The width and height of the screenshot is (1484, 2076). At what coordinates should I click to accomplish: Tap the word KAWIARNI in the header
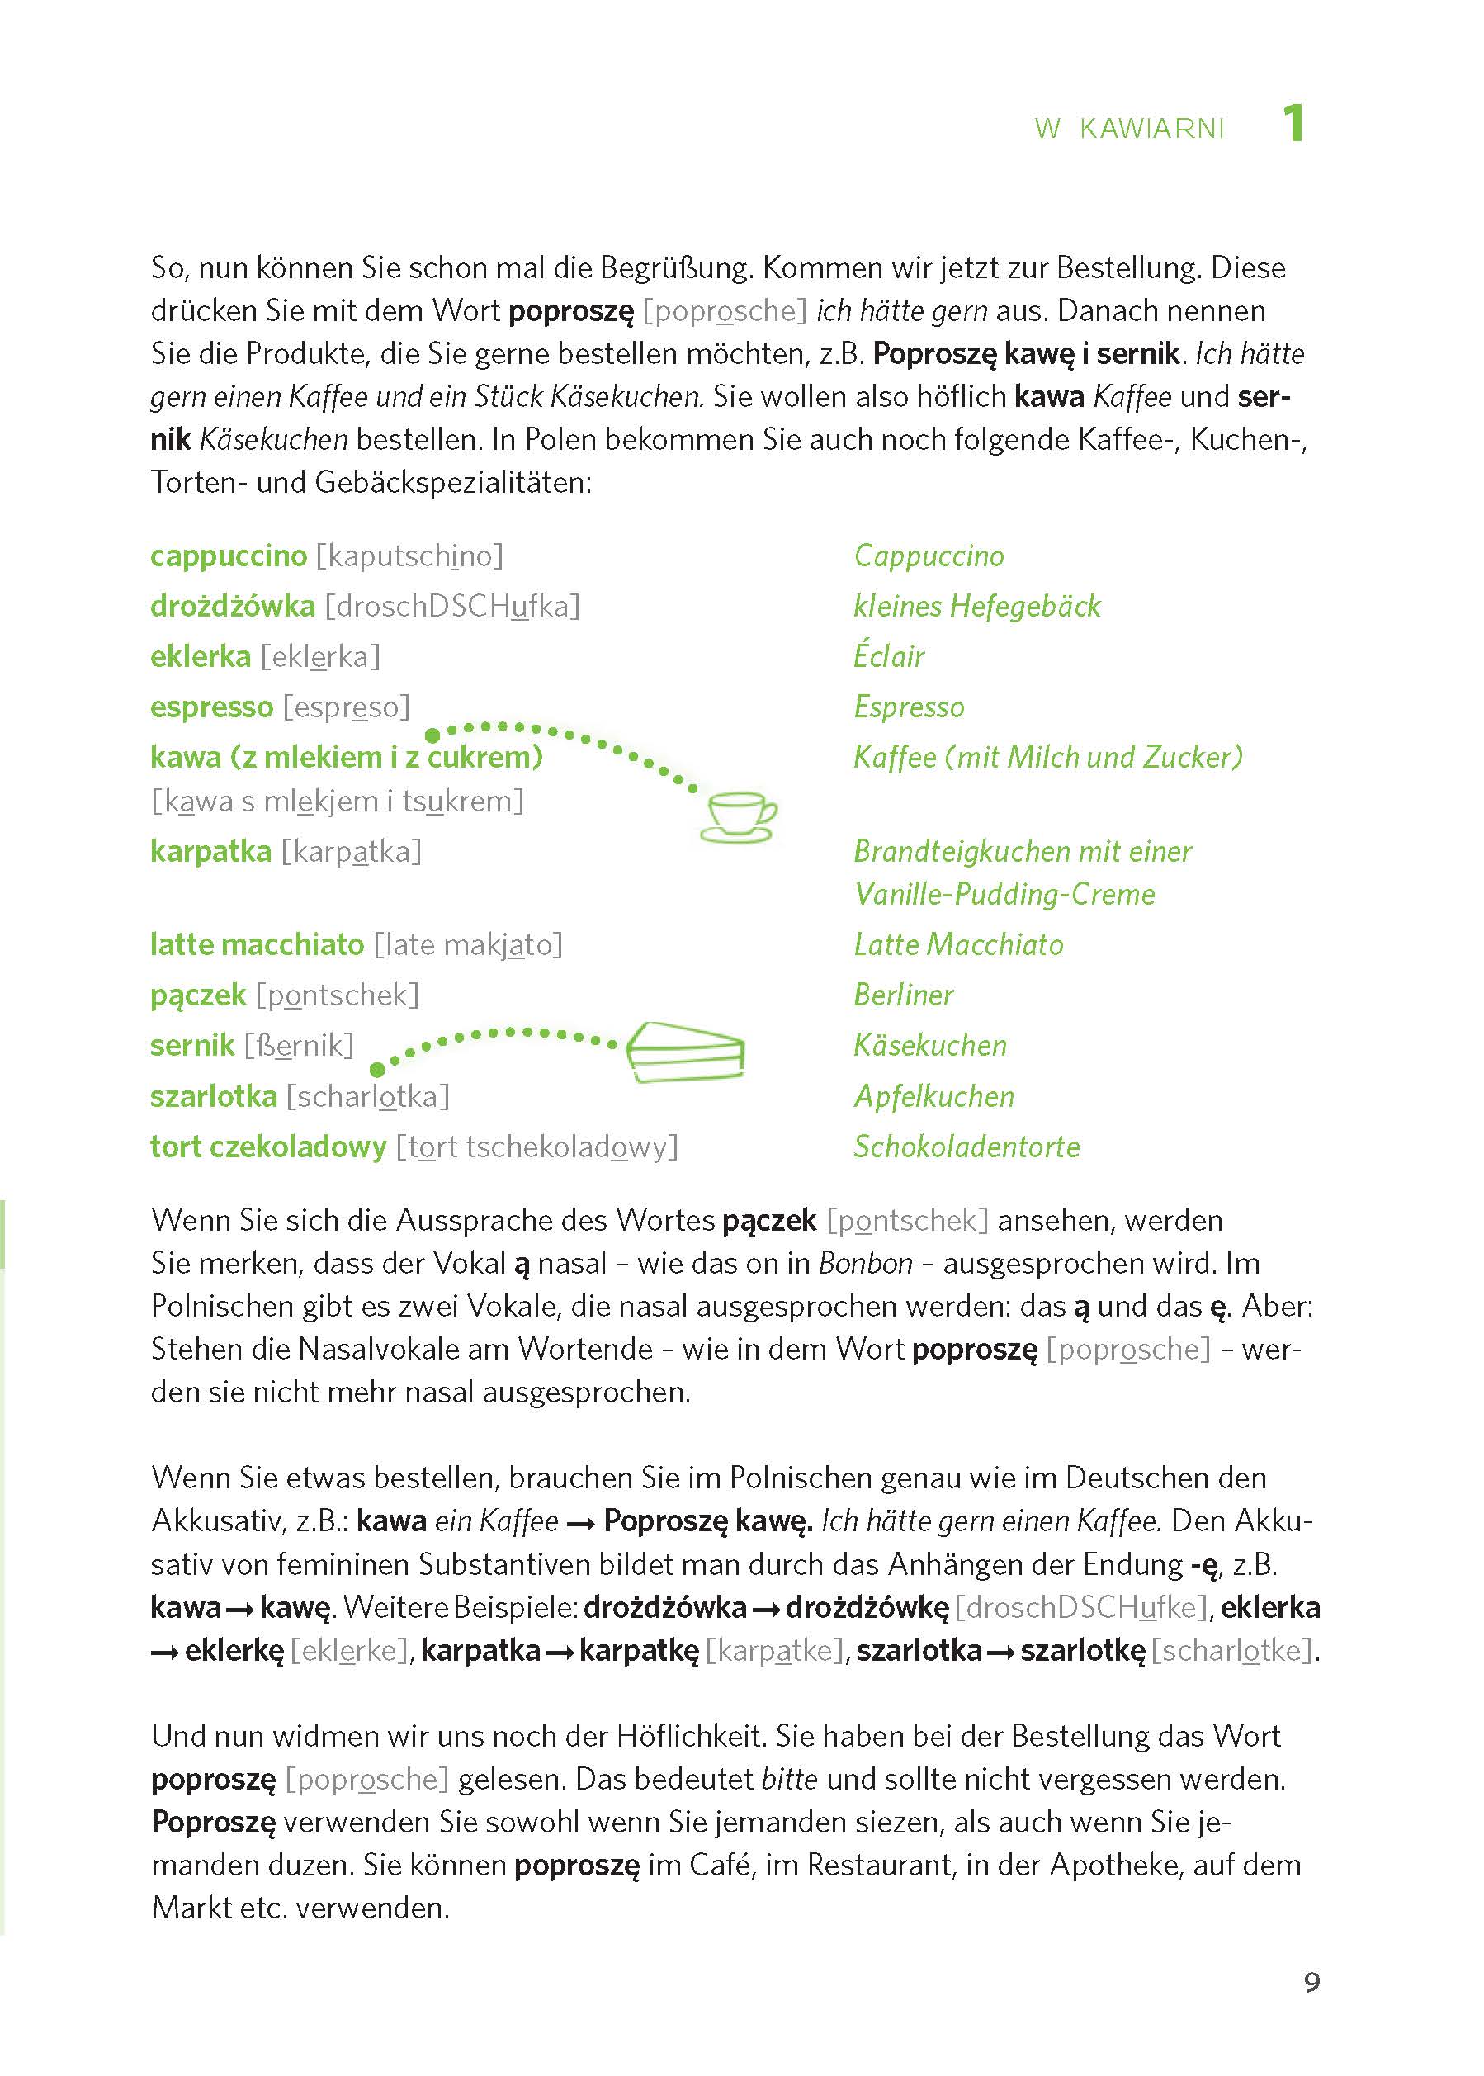(1151, 129)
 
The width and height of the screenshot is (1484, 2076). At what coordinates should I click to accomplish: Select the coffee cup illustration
(739, 816)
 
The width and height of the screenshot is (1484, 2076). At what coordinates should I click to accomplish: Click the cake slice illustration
(685, 1052)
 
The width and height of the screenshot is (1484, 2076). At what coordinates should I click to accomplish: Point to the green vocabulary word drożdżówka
(232, 606)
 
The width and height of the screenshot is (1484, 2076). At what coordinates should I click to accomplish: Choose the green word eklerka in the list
(200, 656)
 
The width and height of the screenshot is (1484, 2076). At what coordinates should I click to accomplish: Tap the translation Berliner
(903, 994)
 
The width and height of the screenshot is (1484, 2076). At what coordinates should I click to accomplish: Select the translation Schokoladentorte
(966, 1146)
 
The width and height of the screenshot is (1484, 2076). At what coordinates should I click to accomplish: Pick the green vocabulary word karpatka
(210, 851)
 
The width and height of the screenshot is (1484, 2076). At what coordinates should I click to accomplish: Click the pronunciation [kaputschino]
(409, 556)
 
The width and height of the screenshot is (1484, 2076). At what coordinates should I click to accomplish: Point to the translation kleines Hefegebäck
(977, 606)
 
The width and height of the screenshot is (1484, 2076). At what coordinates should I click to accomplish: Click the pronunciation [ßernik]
(299, 1044)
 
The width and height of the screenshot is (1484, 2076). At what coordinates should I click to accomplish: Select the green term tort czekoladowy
(267, 1146)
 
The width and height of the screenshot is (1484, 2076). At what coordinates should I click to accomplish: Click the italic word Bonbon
(864, 1263)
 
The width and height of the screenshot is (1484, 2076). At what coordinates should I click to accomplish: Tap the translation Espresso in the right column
(908, 707)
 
